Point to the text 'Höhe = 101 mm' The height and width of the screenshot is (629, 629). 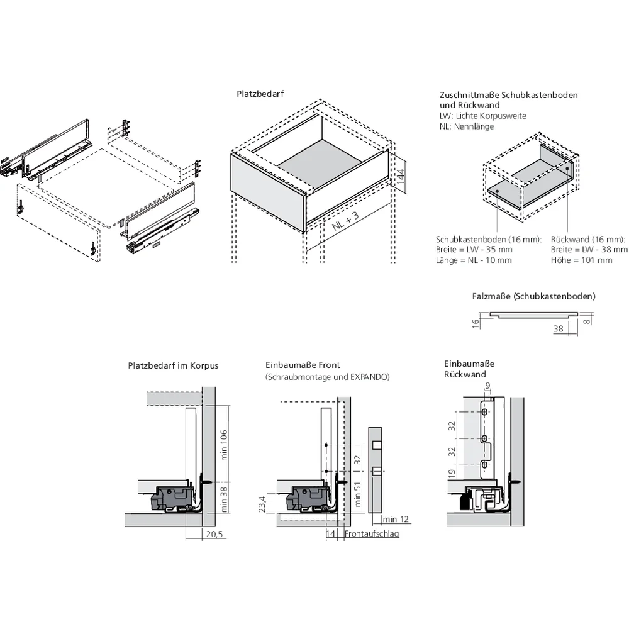tap(581, 260)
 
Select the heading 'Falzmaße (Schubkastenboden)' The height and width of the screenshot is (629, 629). tap(533, 296)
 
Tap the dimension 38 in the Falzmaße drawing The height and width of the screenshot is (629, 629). tap(558, 328)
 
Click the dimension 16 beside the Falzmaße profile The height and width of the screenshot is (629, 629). tap(476, 323)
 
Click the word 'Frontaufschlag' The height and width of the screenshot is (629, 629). tap(372, 533)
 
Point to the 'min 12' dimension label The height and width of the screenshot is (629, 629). tap(396, 519)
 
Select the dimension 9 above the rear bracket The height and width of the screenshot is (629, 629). tap(487, 386)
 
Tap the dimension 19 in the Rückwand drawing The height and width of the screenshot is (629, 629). tap(452, 474)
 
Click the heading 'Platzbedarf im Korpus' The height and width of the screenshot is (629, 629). tap(173, 365)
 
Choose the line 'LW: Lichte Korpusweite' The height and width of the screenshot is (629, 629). tap(482, 116)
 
